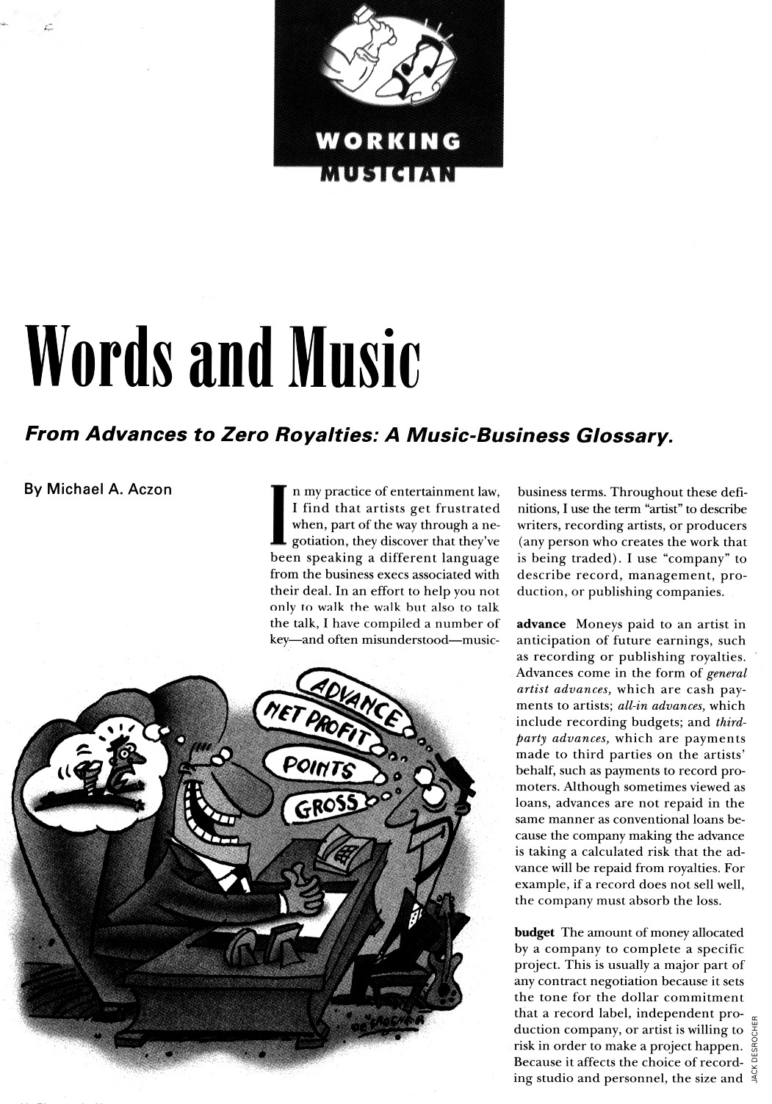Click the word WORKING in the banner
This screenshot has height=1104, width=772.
[388, 141]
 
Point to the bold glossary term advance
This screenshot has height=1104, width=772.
[541, 625]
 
